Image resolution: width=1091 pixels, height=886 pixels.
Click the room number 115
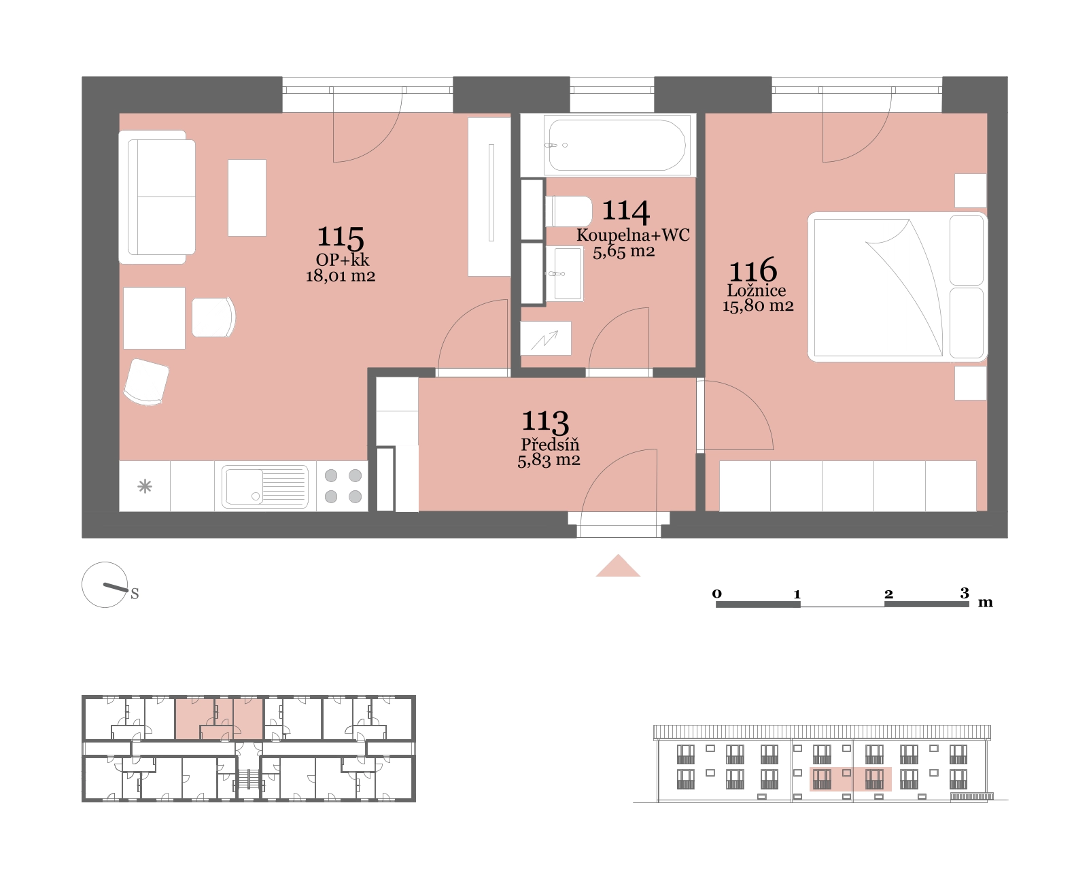click(x=341, y=237)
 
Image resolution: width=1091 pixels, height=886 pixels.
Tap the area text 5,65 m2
click(x=624, y=252)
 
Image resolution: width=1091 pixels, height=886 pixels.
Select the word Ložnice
click(x=757, y=290)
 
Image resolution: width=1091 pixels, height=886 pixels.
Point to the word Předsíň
click(x=550, y=444)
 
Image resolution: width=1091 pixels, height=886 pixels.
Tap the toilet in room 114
click(x=568, y=211)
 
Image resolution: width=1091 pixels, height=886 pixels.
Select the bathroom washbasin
click(x=564, y=273)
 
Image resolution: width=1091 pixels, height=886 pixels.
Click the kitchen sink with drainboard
click(x=265, y=486)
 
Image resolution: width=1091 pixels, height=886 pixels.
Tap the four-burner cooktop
click(x=343, y=485)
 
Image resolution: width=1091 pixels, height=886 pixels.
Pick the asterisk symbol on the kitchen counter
click(x=145, y=485)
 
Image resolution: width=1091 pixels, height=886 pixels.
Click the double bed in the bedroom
click(x=897, y=287)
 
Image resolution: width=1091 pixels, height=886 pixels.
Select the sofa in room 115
click(x=157, y=197)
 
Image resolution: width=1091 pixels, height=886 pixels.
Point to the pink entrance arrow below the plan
click(x=618, y=565)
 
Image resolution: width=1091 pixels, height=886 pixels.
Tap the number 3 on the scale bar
click(x=965, y=593)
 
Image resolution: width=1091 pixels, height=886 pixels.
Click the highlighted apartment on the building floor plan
click(x=220, y=719)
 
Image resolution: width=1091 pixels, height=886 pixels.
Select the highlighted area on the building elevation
click(x=850, y=779)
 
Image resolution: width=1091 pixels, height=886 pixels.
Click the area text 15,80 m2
click(x=758, y=307)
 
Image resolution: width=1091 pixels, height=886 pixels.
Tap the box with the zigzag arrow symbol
click(x=545, y=338)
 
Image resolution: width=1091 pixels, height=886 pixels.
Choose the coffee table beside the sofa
click(x=247, y=198)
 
